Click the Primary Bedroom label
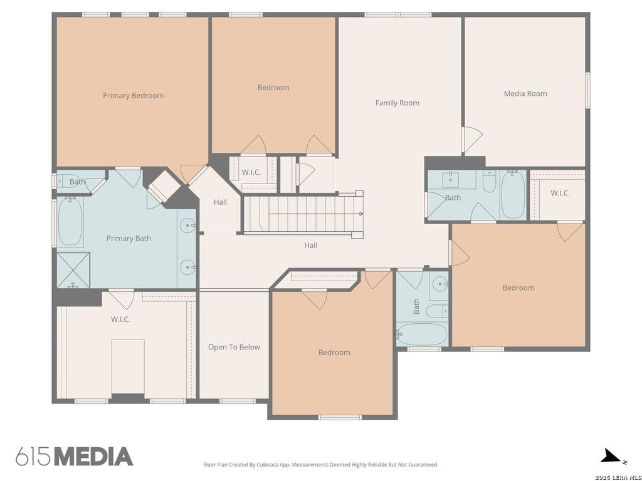[133, 96]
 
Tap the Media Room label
[525, 94]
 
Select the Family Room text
[397, 103]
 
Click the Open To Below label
[234, 347]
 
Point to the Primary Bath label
[129, 239]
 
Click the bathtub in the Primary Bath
[70, 221]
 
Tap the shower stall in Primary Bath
[73, 270]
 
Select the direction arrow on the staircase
[316, 214]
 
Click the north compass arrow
[610, 456]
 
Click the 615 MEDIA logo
[75, 457]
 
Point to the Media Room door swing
[473, 140]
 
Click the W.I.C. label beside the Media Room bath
[560, 193]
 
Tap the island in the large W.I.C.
[128, 366]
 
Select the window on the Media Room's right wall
[587, 90]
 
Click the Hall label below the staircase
[311, 246]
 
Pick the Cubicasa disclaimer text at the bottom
[320, 465]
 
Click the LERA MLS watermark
[618, 477]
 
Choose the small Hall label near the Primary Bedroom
[220, 202]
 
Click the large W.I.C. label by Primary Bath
[120, 319]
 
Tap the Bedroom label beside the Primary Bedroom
[273, 88]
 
